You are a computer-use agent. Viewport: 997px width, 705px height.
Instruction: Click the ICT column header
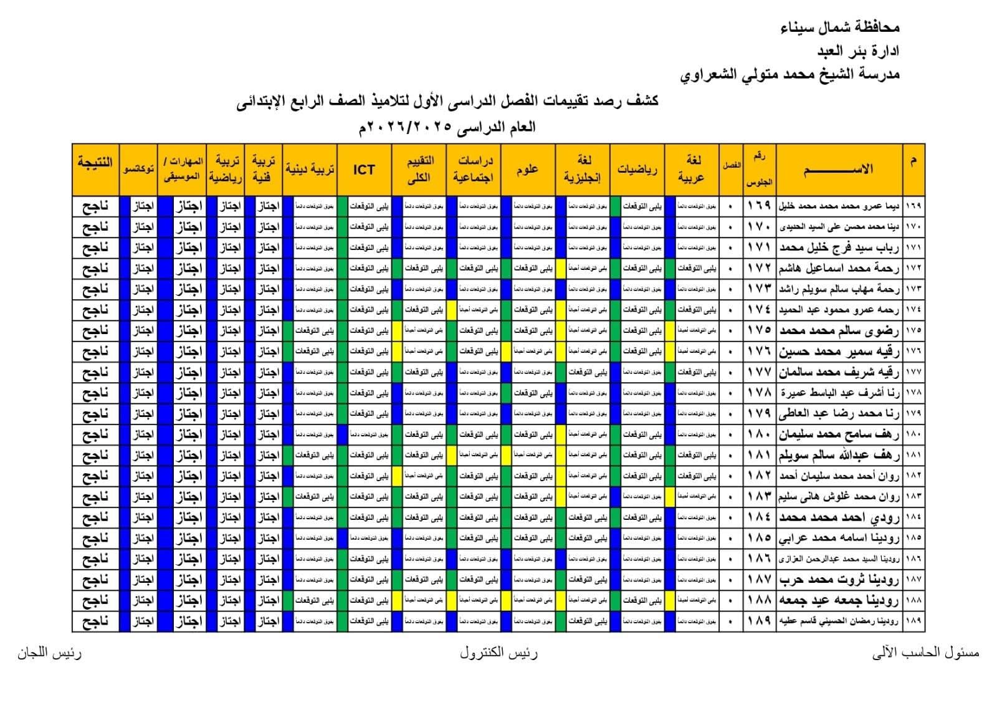click(364, 170)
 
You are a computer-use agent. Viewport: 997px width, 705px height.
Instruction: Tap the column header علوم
click(527, 170)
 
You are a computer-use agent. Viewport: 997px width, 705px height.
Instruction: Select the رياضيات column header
click(637, 170)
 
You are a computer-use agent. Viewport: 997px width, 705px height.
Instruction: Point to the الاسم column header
click(839, 170)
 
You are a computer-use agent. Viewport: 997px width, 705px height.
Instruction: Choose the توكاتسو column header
click(138, 170)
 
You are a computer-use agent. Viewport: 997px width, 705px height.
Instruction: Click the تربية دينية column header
click(310, 170)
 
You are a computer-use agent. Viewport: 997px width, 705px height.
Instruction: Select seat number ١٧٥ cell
click(760, 330)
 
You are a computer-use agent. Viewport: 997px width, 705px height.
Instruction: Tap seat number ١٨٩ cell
click(760, 621)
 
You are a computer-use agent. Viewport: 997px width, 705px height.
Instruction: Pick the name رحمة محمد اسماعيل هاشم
click(839, 268)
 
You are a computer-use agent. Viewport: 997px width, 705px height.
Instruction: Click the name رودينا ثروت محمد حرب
click(839, 580)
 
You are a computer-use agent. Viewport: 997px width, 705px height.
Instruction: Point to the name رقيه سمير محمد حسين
click(839, 352)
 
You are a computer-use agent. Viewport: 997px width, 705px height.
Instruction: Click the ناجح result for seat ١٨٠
click(95, 434)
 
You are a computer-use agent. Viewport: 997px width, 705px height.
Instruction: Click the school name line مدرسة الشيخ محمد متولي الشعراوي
click(789, 75)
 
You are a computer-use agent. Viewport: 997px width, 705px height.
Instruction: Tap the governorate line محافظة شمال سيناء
click(839, 27)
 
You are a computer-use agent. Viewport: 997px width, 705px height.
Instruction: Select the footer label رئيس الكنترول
click(499, 653)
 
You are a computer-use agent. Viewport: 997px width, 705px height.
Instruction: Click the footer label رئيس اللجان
click(49, 653)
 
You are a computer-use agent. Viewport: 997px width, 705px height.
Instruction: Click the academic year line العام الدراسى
click(447, 127)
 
